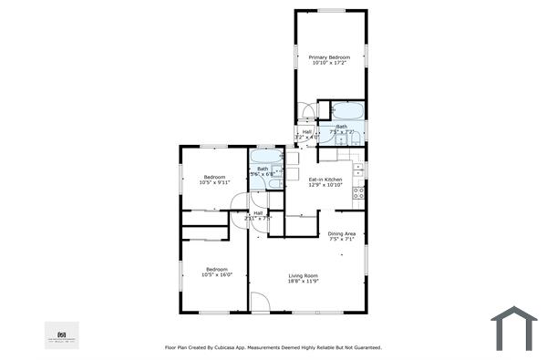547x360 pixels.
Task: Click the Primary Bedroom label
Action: [331, 57]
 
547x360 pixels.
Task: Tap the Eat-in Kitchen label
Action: [325, 179]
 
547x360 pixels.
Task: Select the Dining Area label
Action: [342, 234]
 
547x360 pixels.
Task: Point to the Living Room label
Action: [303, 275]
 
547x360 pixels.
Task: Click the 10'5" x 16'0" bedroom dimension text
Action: [217, 274]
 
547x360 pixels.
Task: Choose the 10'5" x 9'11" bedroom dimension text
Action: [215, 182]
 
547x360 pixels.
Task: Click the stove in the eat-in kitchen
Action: [359, 192]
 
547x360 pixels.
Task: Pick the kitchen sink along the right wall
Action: [360, 170]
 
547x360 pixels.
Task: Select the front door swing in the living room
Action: [259, 303]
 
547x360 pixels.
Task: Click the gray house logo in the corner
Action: [514, 328]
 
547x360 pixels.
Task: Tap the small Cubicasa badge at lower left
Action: [62, 334]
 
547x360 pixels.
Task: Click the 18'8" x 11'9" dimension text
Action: [303, 282]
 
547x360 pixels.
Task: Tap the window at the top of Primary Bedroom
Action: [331, 10]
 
